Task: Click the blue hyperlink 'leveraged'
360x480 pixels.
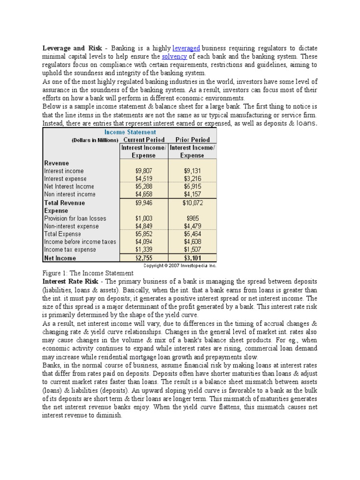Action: (186, 48)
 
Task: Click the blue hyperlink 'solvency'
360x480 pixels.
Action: (174, 57)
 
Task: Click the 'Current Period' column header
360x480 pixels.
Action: (144, 140)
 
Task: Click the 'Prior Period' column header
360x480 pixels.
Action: (192, 140)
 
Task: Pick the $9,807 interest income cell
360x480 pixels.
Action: (144, 171)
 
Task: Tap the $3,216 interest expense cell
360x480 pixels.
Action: (192, 179)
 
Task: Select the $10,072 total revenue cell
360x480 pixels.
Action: (192, 203)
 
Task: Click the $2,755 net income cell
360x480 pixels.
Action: (144, 258)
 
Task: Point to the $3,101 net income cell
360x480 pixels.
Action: (192, 258)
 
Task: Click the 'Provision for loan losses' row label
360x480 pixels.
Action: (75, 218)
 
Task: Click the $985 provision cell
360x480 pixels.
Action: (192, 218)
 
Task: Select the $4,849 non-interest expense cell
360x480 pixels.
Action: (144, 226)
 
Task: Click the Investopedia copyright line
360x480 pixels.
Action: (180, 265)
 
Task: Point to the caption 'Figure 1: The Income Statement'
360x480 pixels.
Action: (88, 273)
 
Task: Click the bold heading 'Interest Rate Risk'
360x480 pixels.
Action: (70, 281)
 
